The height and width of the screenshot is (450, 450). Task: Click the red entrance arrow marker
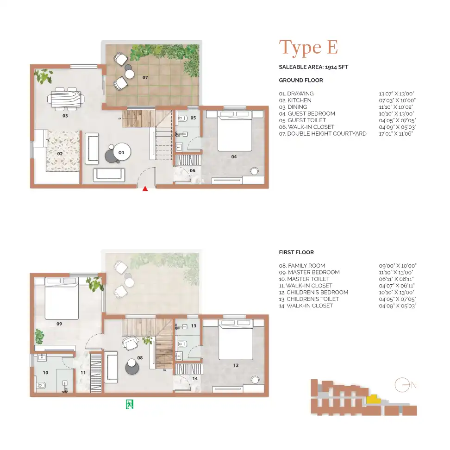point(145,188)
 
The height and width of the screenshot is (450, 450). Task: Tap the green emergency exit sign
point(130,404)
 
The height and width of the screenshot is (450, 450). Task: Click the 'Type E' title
point(308,48)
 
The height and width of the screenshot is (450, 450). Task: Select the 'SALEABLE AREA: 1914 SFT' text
point(313,67)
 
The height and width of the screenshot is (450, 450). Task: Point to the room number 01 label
point(121,152)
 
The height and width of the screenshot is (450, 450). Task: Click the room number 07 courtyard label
point(145,78)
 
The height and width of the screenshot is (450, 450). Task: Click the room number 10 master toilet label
point(45,372)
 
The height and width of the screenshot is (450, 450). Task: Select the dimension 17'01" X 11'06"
point(397,134)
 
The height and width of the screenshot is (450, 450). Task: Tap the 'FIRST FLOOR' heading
point(296,253)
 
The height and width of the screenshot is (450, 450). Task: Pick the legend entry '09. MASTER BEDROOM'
point(309,273)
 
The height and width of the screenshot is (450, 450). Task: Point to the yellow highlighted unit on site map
point(371,399)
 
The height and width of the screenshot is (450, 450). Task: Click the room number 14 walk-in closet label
point(195,378)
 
